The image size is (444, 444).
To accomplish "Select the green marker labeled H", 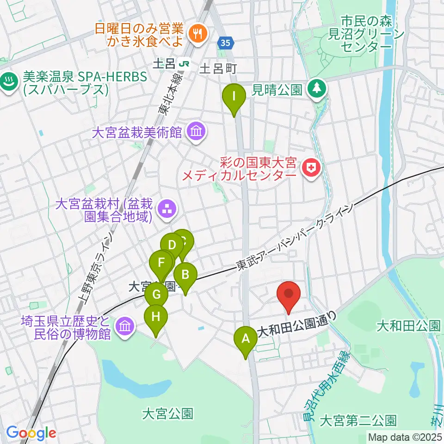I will tap(156, 318).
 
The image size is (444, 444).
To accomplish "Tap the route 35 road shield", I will tap(224, 43).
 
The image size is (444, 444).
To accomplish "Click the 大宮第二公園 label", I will tap(358, 421).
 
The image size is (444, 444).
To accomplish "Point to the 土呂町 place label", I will tap(218, 69).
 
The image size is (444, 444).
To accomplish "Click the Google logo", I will tap(31, 433).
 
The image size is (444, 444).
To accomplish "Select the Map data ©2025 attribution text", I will tap(405, 437).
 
